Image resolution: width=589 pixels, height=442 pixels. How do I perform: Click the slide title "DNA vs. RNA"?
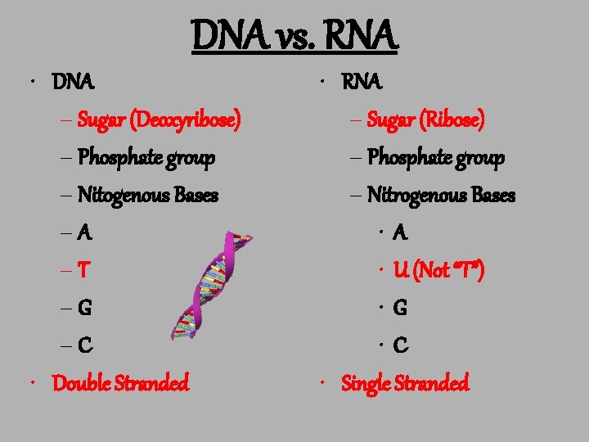point(294,36)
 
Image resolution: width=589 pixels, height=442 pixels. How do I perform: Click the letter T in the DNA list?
point(84,270)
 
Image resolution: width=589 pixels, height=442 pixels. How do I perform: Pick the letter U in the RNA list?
point(401,270)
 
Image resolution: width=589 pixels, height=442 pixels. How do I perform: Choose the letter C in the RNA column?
point(401,345)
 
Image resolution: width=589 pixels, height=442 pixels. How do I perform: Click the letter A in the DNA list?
point(85,232)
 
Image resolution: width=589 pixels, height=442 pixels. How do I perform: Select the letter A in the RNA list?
point(400,232)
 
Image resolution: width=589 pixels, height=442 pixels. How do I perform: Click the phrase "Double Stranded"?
point(120,382)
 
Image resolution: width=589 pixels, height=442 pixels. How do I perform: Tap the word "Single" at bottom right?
point(367,382)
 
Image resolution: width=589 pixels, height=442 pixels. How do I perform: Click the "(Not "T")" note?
point(450,270)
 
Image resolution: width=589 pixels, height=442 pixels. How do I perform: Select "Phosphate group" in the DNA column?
point(146,157)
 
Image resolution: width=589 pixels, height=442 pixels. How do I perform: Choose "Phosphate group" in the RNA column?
point(436,157)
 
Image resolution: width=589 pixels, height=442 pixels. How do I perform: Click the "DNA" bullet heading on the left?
point(74,83)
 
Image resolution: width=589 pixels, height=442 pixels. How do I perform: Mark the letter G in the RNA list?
point(401,308)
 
